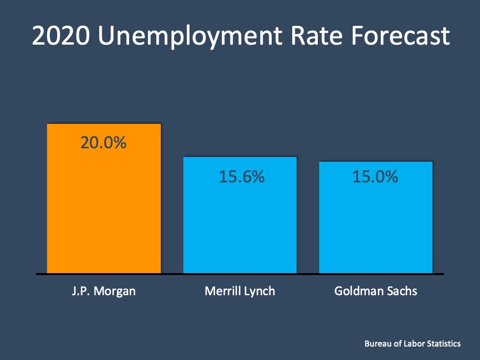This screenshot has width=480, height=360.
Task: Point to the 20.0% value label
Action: pyautogui.click(x=104, y=143)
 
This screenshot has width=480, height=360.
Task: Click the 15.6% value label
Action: pyautogui.click(x=241, y=177)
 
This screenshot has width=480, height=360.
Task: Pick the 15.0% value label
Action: pyautogui.click(x=375, y=177)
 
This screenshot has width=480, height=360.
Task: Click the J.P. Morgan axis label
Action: pyautogui.click(x=104, y=291)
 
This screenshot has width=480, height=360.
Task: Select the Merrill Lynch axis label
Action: pyautogui.click(x=240, y=291)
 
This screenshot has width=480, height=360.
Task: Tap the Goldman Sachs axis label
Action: pyautogui.click(x=376, y=291)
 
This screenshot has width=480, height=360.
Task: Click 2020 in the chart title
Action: pyautogui.click(x=60, y=36)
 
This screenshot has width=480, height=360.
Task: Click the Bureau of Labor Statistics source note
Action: pyautogui.click(x=412, y=344)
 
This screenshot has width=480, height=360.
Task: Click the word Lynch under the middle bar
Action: pyautogui.click(x=259, y=291)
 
